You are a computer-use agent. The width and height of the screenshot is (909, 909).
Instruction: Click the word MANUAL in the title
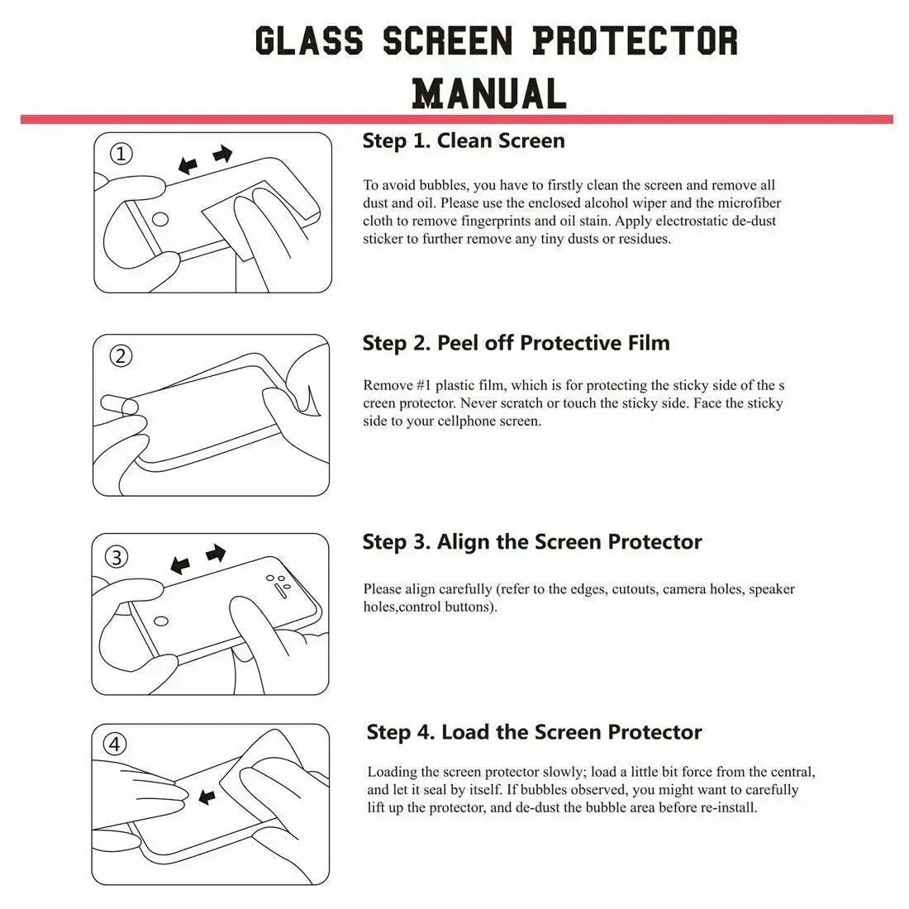tap(489, 93)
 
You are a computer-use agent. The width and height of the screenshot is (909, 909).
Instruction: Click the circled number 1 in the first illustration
tap(121, 154)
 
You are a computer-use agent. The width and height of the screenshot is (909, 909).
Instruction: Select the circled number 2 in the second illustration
tap(121, 356)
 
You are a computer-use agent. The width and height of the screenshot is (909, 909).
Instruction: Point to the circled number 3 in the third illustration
tap(118, 557)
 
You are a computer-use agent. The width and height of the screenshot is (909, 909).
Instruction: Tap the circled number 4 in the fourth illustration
tap(116, 745)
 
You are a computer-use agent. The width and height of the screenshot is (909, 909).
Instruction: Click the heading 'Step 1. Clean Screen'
tap(464, 141)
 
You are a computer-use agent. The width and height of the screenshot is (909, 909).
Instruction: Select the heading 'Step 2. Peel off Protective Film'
tap(516, 343)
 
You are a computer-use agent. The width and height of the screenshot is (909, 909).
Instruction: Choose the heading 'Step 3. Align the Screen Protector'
tap(531, 542)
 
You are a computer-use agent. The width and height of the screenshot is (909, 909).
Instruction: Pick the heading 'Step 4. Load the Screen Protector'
tap(534, 732)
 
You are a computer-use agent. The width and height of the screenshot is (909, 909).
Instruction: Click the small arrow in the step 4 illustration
tap(207, 797)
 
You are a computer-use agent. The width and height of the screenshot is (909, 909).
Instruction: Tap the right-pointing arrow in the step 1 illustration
tap(222, 155)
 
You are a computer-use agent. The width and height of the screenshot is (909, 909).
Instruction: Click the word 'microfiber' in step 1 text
tap(749, 203)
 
